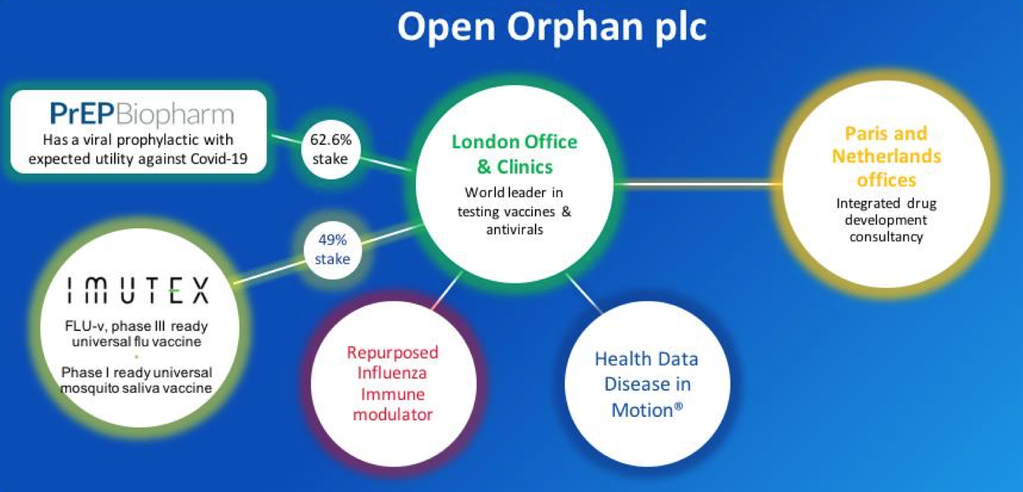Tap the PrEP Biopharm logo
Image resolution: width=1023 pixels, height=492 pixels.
[x=142, y=113]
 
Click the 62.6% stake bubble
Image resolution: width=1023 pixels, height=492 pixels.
[x=331, y=149]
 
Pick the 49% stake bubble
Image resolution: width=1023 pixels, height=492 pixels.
[x=332, y=250]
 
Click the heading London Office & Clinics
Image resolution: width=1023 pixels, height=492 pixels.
[x=515, y=155]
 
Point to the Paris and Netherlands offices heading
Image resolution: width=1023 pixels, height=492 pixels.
[x=886, y=157]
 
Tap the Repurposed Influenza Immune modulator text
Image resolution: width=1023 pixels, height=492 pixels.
[x=392, y=383]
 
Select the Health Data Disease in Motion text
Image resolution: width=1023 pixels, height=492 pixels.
[x=647, y=384]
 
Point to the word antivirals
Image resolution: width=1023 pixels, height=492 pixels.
[x=515, y=229]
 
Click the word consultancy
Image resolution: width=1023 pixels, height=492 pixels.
[x=886, y=237]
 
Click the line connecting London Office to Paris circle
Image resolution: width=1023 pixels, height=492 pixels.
[x=699, y=184]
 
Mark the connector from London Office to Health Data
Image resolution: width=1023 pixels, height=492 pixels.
[x=584, y=293]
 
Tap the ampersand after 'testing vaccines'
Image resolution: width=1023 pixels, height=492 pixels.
[x=566, y=211]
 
